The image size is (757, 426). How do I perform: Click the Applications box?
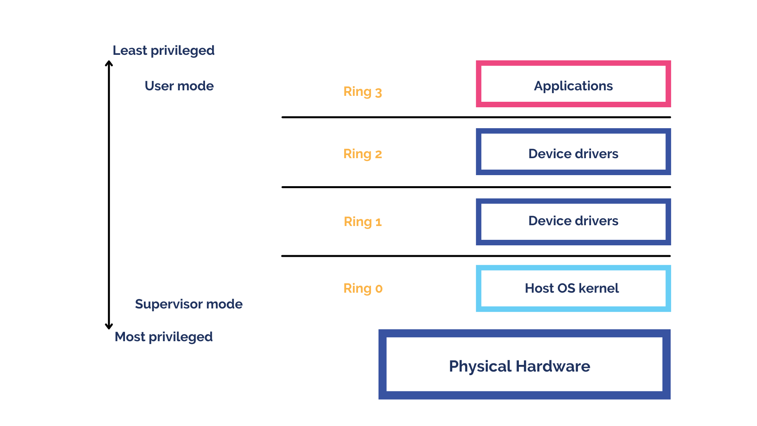click(573, 84)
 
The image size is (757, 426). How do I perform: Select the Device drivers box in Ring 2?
click(573, 152)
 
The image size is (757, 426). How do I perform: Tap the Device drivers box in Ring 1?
click(573, 222)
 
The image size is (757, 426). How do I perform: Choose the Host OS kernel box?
click(573, 288)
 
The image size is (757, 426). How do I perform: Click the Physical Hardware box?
click(524, 364)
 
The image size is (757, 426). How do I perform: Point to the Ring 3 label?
click(362, 92)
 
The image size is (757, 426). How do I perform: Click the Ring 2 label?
click(362, 154)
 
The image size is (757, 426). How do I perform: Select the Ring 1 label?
click(362, 222)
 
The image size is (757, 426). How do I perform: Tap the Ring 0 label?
click(363, 288)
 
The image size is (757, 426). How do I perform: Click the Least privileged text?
click(163, 50)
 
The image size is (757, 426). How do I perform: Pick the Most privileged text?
click(163, 337)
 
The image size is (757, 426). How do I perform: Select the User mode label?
click(179, 86)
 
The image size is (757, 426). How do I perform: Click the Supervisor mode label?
click(188, 304)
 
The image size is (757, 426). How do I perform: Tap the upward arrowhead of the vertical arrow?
click(109, 63)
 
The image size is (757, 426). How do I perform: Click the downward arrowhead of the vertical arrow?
click(109, 326)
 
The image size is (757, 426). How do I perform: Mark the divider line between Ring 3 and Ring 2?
click(476, 117)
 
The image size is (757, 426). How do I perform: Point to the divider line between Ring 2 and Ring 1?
click(476, 187)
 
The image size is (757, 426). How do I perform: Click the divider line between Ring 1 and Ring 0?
click(476, 256)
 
